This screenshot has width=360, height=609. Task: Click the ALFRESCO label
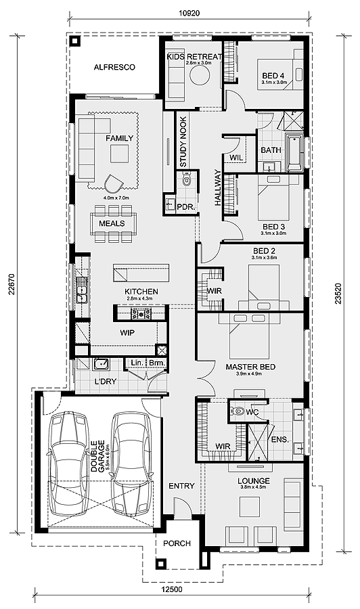point(114,67)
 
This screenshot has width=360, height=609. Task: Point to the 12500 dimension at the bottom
point(171,589)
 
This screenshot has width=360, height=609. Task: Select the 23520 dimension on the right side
point(338,293)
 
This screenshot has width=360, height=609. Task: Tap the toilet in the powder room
point(187,179)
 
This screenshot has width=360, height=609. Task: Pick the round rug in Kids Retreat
point(200,73)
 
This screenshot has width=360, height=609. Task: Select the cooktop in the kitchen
point(141,313)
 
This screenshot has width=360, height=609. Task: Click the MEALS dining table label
point(112,223)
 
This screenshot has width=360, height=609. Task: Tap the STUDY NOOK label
point(183,142)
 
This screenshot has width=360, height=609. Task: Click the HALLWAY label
point(217,187)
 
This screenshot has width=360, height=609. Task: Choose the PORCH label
point(177,543)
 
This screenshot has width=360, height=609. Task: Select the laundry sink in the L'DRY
point(102,363)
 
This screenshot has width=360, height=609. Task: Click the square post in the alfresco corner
point(75,41)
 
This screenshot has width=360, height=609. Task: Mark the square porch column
point(160,564)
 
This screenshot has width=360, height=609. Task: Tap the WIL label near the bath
point(236,158)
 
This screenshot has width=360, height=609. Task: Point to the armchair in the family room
point(114,183)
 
